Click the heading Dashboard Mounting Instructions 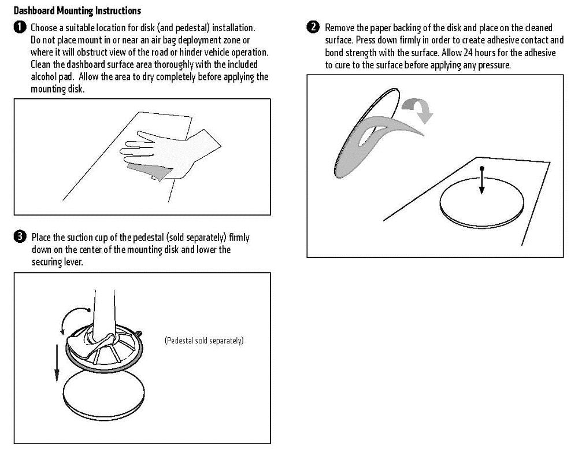[77, 10]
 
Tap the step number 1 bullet [20, 28]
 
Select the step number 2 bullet [313, 28]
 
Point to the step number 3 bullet [20, 236]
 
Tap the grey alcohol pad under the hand [148, 171]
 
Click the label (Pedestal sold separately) [204, 341]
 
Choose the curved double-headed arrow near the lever [71, 320]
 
